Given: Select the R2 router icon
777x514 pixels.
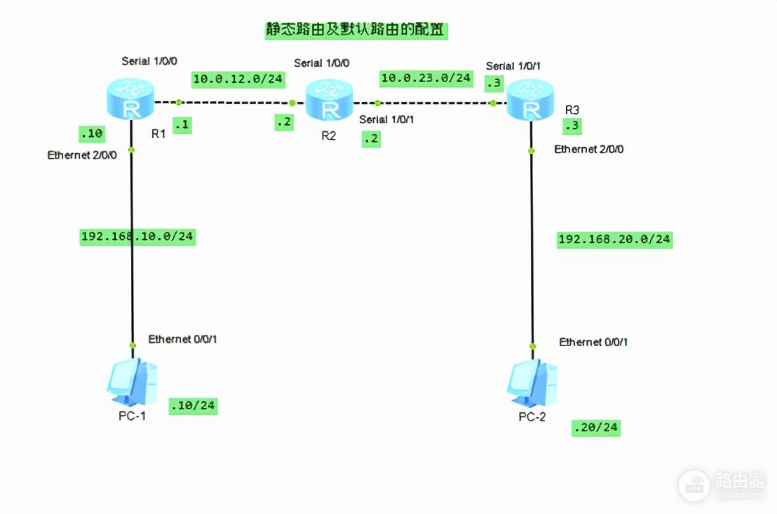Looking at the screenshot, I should pos(329,101).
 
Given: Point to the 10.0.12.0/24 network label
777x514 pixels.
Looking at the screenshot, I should pos(238,79).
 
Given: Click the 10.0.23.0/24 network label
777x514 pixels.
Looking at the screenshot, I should pos(426,77).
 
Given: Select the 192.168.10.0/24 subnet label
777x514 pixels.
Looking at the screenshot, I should pos(137,237).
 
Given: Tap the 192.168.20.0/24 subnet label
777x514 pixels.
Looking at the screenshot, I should pos(614,239).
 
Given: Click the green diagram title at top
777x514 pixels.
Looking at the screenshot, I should pos(356,31).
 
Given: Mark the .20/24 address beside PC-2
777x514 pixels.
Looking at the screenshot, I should pos(596,427).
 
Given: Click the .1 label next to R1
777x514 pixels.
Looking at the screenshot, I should pos(182,125).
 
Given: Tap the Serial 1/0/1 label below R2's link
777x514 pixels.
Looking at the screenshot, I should pos(386,119).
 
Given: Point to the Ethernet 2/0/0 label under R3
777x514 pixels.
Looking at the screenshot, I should pos(588,149).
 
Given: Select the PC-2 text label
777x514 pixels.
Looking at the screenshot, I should pos(533,417).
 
